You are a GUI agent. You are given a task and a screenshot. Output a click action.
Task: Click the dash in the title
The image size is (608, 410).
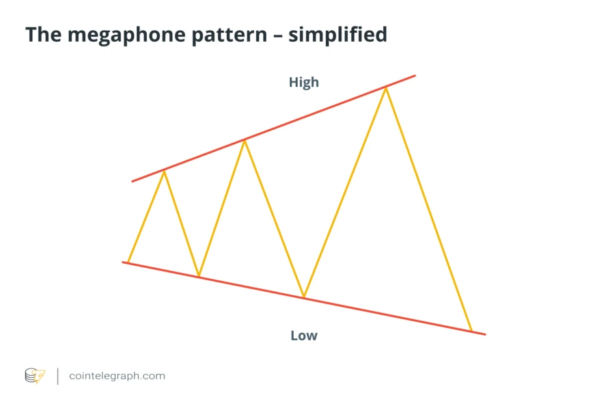pyautogui.click(x=277, y=35)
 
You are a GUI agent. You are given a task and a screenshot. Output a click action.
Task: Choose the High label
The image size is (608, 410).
pyautogui.click(x=303, y=83)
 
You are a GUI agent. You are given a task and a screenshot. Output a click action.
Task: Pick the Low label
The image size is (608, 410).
pyautogui.click(x=304, y=336)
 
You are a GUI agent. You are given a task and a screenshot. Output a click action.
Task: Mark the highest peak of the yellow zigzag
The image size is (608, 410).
pyautogui.click(x=386, y=87)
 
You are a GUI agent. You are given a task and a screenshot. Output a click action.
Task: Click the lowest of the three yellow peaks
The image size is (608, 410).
pyautogui.click(x=164, y=171)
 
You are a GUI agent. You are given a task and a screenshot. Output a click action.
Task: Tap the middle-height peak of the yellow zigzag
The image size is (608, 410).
pyautogui.click(x=244, y=140)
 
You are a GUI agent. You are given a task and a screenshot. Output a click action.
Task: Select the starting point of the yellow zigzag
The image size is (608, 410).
pyautogui.click(x=128, y=262)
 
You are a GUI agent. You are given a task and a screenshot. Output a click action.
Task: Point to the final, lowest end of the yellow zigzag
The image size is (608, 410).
pyautogui.click(x=471, y=331)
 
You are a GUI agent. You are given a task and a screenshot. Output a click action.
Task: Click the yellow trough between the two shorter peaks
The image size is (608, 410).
pyautogui.click(x=199, y=276)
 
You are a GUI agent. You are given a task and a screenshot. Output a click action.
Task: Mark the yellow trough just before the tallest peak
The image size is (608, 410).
pyautogui.click(x=304, y=297)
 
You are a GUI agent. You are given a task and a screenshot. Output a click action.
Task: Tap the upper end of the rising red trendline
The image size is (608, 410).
pyautogui.click(x=414, y=76)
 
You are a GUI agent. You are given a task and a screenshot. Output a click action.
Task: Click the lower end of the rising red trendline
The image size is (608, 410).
pyautogui.click(x=133, y=181)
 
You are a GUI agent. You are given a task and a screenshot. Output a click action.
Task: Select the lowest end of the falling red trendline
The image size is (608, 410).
pyautogui.click(x=485, y=334)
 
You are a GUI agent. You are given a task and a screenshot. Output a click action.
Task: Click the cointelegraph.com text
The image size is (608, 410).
pyautogui.click(x=117, y=376)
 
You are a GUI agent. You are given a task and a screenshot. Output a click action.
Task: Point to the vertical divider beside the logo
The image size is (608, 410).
pyautogui.click(x=57, y=376)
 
